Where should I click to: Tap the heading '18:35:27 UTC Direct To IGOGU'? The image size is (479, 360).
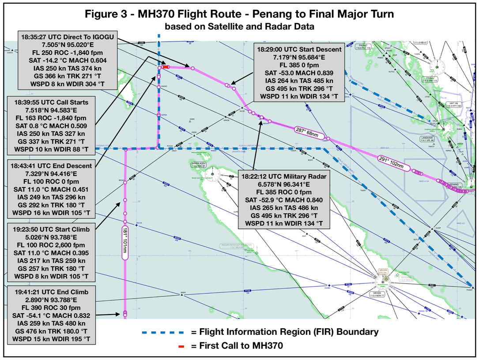[67, 37]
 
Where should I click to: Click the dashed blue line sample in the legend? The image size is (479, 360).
[162, 331]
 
